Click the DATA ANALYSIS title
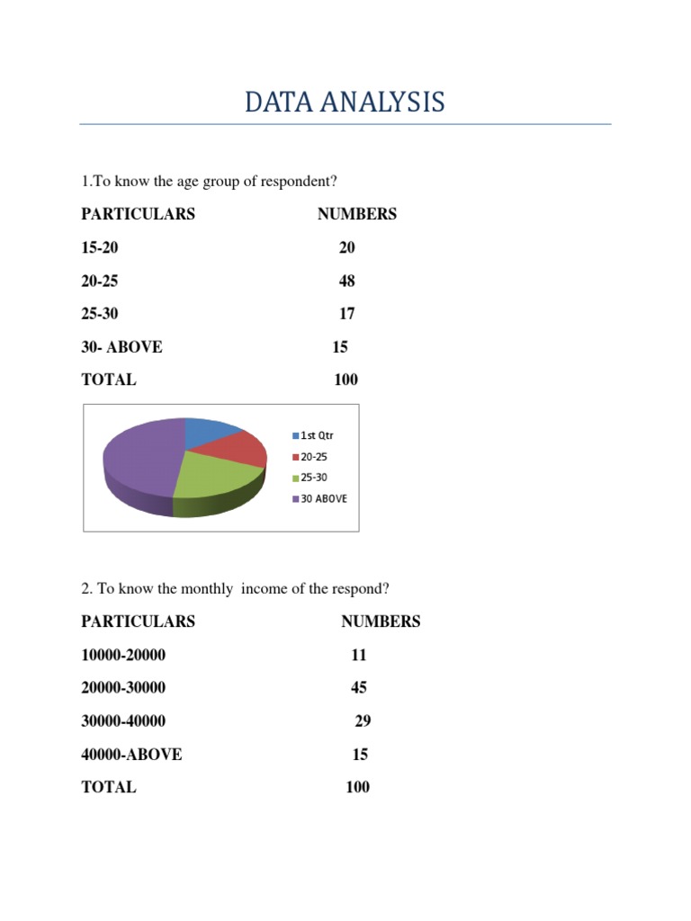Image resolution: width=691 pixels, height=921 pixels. pyautogui.click(x=345, y=103)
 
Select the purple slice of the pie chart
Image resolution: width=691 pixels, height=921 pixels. pyautogui.click(x=139, y=463)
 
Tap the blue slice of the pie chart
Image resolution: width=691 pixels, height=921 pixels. pyautogui.click(x=210, y=432)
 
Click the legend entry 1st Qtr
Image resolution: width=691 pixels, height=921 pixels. pyautogui.click(x=312, y=435)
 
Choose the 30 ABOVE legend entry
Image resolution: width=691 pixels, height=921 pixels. pyautogui.click(x=319, y=498)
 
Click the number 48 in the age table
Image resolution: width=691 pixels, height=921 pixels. pyautogui.click(x=346, y=281)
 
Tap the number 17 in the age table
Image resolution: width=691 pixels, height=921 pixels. pyautogui.click(x=346, y=314)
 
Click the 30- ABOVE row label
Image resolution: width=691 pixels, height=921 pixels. pyautogui.click(x=122, y=347)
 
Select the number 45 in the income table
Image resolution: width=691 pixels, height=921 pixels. pyautogui.click(x=358, y=688)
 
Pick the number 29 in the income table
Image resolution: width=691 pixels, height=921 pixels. pyautogui.click(x=363, y=721)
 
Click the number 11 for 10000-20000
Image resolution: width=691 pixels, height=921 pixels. pyautogui.click(x=358, y=656)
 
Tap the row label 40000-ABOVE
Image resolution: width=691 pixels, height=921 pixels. pyautogui.click(x=131, y=755)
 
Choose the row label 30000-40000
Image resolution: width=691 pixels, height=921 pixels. pyautogui.click(x=123, y=721)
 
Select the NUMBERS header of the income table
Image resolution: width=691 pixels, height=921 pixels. pyautogui.click(x=381, y=621)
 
